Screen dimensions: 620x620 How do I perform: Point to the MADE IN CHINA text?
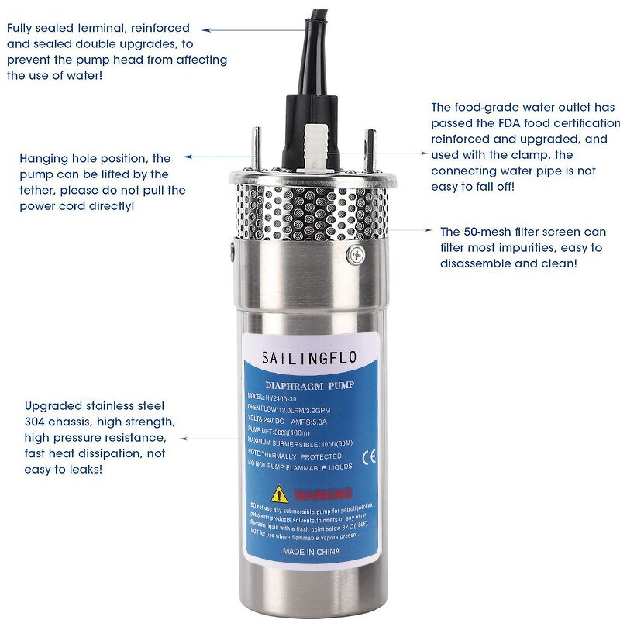click(312, 551)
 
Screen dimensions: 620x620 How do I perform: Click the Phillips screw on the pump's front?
click(356, 253)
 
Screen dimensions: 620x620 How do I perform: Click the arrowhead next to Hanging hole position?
click(189, 158)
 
